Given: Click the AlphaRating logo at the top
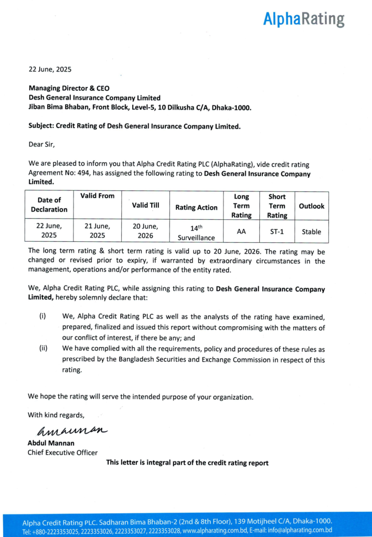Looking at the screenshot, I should [304, 19].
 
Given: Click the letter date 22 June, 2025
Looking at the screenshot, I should [50, 69].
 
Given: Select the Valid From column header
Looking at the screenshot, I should [98, 196].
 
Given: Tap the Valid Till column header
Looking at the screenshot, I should [146, 205].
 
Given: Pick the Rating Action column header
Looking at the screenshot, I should [196, 208].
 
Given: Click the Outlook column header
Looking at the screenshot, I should [312, 206].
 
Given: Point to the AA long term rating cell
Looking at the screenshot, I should [241, 231].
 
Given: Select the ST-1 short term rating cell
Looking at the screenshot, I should [277, 231].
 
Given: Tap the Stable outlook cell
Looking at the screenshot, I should [312, 231].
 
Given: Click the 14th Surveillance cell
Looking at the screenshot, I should [196, 231].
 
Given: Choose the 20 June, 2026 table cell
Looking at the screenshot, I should [146, 231].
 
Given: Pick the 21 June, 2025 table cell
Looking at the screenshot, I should [98, 231].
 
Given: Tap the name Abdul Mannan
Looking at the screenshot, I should [51, 443].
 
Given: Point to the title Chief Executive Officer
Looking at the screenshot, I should [62, 453].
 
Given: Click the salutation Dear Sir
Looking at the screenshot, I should [41, 143].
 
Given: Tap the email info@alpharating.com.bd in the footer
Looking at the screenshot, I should [299, 531].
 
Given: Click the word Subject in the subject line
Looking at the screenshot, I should [41, 126].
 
